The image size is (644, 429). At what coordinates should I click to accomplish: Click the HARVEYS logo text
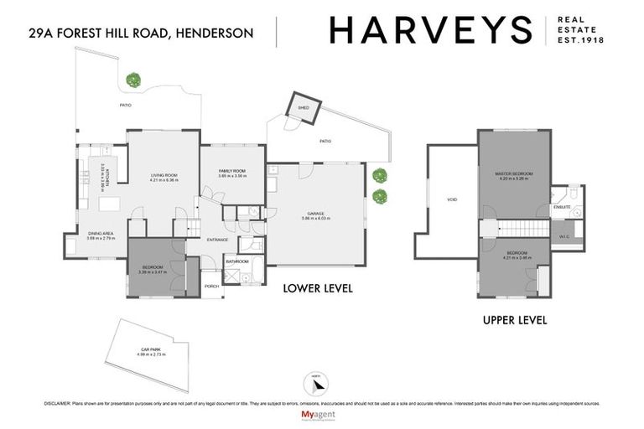[x=431, y=30]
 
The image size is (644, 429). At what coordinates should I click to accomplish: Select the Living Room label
[x=164, y=175]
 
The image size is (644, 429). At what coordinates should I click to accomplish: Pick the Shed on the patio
[x=304, y=108]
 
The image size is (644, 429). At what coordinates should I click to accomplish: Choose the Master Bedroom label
[x=514, y=173]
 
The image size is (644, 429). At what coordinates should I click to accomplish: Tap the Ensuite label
[x=561, y=206]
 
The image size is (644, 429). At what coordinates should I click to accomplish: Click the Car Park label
[x=151, y=352]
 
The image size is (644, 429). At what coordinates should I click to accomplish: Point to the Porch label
[x=212, y=287]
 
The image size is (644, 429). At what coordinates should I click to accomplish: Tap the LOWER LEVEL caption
[x=318, y=288]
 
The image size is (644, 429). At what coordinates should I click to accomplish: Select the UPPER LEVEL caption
[x=515, y=320]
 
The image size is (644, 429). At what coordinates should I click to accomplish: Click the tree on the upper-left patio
[x=132, y=80]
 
